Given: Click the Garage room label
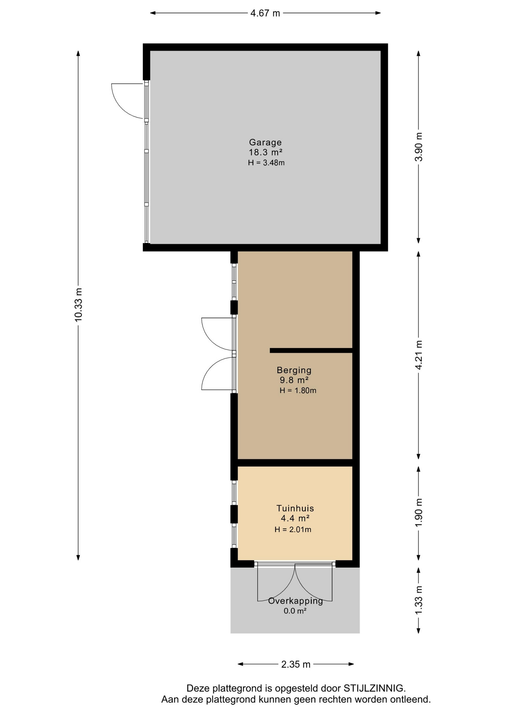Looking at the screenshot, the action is click(x=265, y=142).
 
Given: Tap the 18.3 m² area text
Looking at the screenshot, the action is click(x=265, y=152).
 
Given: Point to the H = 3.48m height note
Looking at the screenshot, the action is click(x=266, y=163).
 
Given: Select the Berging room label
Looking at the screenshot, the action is click(x=294, y=370).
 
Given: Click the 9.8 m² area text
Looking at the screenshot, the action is click(x=294, y=380).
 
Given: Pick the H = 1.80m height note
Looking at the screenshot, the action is click(x=298, y=390).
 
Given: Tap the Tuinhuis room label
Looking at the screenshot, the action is click(x=295, y=508).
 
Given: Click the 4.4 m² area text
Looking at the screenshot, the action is click(x=295, y=518).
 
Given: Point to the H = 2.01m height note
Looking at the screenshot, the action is click(x=293, y=530).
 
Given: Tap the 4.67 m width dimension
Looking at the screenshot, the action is click(x=265, y=13).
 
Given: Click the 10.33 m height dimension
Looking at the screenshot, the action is click(x=78, y=305).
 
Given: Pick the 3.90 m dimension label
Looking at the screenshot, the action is click(x=419, y=147).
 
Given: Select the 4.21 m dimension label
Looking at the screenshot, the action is click(x=419, y=355).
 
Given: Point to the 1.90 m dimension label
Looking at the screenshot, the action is click(x=419, y=512).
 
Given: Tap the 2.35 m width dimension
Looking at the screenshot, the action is click(x=296, y=664).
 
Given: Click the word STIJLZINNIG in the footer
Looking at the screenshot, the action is click(x=373, y=688).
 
